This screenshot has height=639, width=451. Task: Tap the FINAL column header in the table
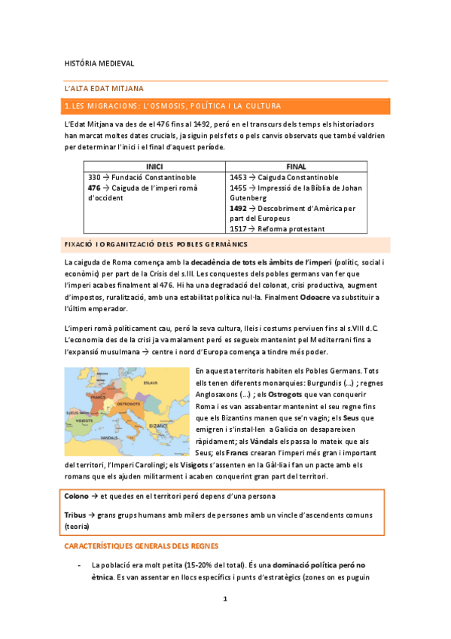point(296,167)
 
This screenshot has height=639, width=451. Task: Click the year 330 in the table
point(95,177)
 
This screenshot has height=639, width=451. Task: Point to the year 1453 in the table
point(237,177)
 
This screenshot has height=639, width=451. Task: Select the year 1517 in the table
point(237,228)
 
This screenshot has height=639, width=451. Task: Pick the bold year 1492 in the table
point(238,208)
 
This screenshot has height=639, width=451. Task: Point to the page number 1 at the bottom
point(225,599)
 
